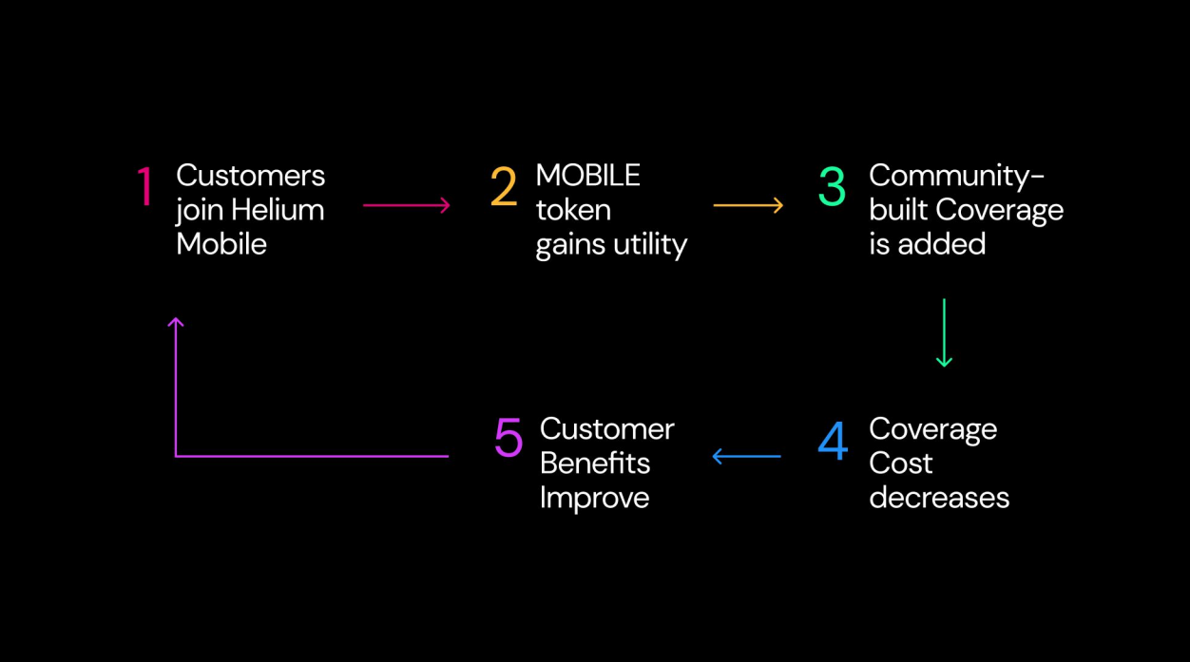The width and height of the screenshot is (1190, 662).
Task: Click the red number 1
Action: click(x=144, y=187)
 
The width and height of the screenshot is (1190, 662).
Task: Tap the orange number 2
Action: click(x=503, y=187)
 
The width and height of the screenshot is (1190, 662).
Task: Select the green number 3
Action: click(x=832, y=187)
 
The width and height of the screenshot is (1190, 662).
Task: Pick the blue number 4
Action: click(x=833, y=441)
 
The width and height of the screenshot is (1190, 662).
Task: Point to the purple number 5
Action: click(x=509, y=438)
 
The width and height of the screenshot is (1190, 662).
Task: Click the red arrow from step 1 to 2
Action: click(x=406, y=204)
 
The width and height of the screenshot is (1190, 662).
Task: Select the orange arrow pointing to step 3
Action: click(x=748, y=204)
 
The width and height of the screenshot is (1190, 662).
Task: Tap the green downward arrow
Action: click(x=944, y=332)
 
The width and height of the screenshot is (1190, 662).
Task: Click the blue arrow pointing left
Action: click(x=746, y=457)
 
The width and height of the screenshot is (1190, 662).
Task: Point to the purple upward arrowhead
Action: click(x=176, y=324)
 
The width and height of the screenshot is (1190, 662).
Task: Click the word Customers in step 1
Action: click(x=250, y=176)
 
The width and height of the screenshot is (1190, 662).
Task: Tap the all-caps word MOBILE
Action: click(x=588, y=176)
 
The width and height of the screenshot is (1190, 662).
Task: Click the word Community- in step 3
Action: click(x=956, y=176)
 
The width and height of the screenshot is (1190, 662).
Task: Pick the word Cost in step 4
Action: click(x=900, y=463)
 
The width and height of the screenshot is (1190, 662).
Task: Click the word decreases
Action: click(x=939, y=498)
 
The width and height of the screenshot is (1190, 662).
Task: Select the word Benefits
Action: click(x=595, y=463)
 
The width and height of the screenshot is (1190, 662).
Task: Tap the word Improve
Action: click(x=594, y=498)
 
